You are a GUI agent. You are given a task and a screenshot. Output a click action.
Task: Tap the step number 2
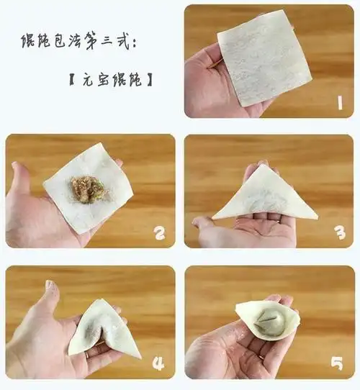[159, 232]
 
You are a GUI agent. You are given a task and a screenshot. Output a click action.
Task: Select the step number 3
[339, 232]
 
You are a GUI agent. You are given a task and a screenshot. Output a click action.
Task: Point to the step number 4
[159, 363]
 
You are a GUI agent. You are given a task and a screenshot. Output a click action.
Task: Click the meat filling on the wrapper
[87, 189]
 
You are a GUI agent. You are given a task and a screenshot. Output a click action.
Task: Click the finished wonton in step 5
[267, 319]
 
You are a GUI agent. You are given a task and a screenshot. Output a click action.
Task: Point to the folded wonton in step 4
[108, 327]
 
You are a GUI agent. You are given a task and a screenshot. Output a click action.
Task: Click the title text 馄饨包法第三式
[72, 41]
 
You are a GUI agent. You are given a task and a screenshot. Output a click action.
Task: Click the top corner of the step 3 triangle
[264, 166]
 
